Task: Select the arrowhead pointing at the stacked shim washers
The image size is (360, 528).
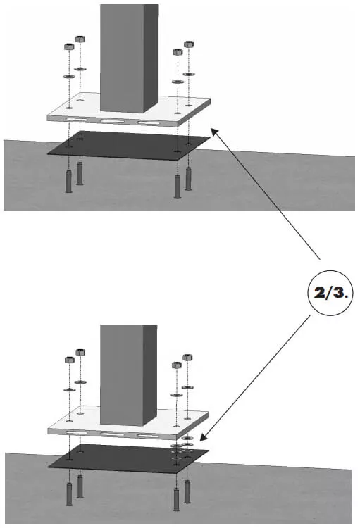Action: click(x=206, y=439)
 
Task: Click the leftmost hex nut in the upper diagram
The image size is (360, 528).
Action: click(x=69, y=47)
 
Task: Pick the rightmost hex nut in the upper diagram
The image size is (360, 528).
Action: click(x=188, y=44)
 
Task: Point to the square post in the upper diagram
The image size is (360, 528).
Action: click(x=128, y=56)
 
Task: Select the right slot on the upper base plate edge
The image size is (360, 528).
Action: click(x=148, y=123)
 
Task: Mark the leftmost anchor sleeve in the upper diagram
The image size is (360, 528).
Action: click(x=69, y=181)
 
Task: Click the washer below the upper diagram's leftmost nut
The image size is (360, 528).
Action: click(x=69, y=76)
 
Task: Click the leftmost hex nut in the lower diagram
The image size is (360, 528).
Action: click(x=69, y=360)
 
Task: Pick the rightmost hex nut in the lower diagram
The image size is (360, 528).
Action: click(x=188, y=357)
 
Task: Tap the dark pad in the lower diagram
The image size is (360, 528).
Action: click(x=127, y=458)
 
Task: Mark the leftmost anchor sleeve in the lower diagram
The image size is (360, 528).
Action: click(x=69, y=494)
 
